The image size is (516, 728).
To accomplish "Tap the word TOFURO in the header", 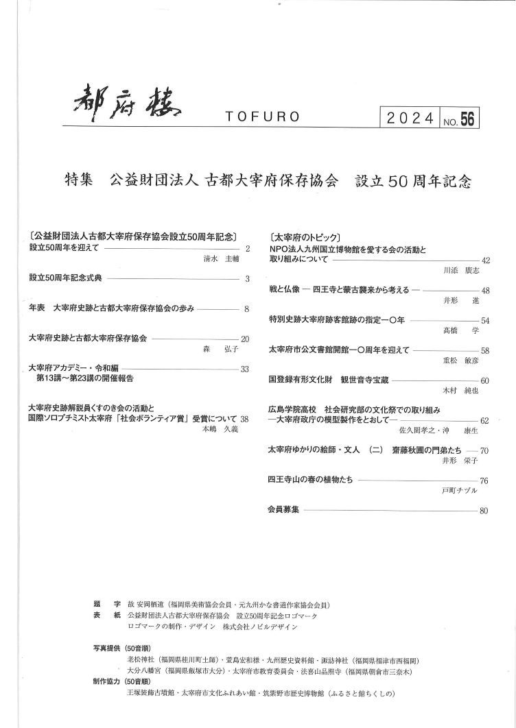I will [261, 117].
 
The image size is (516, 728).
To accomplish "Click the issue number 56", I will [467, 119].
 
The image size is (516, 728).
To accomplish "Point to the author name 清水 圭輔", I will [220, 260].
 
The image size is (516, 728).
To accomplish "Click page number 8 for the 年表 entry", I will [246, 308].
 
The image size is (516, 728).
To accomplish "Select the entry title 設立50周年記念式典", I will [65, 279].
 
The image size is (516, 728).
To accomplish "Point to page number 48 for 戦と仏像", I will [485, 291].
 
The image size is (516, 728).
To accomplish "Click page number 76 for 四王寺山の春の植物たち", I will [484, 481].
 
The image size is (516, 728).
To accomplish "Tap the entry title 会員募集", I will [283, 510].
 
